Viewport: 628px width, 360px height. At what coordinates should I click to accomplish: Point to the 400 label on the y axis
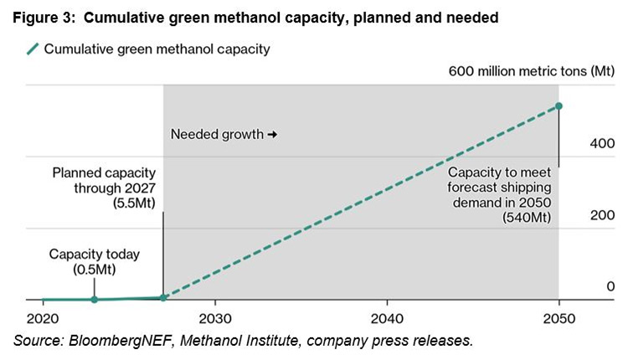(603, 144)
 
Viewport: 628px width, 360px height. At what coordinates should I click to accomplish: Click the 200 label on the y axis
(603, 215)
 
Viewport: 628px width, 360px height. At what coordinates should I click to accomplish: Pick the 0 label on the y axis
(610, 286)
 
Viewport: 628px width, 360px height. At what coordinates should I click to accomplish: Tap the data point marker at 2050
(559, 105)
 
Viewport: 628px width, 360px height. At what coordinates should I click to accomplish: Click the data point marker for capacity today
(95, 299)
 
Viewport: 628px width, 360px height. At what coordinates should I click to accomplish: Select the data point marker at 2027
(163, 297)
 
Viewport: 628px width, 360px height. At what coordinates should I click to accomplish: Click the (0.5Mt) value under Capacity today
(94, 270)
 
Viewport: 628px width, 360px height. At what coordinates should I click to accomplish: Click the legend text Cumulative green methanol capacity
(157, 49)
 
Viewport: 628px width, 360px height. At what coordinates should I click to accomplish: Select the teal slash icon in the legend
(32, 49)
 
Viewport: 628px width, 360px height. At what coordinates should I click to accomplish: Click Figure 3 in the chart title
(42, 17)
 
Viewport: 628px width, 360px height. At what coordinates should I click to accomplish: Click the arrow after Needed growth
(271, 134)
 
